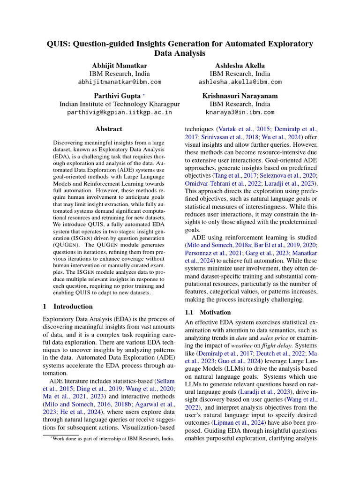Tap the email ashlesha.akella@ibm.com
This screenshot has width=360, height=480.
pyautogui.click(x=240, y=82)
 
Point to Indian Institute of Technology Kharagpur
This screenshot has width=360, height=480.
pyautogui.click(x=120, y=104)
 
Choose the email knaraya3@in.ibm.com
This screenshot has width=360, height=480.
pyautogui.click(x=240, y=112)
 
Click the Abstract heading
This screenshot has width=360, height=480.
pyautogui.click(x=109, y=129)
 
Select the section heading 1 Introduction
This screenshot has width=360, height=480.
pyautogui.click(x=67, y=307)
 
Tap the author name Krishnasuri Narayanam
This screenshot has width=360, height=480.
pyautogui.click(x=240, y=95)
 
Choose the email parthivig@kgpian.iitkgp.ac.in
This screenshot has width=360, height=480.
pyautogui.click(x=120, y=112)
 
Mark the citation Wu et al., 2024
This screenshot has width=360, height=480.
pyautogui.click(x=285, y=137)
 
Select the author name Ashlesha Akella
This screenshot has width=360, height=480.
pyautogui.click(x=240, y=66)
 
